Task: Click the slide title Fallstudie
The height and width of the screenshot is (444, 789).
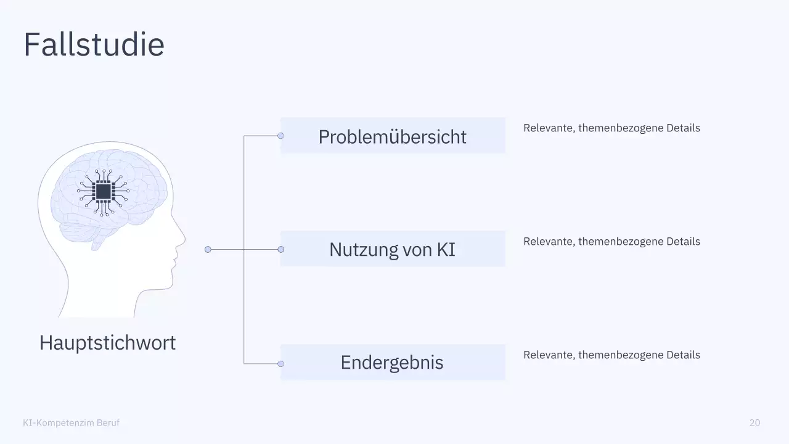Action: (94, 44)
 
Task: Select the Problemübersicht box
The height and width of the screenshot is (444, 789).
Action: (393, 136)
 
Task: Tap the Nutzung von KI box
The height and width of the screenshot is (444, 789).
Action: (393, 249)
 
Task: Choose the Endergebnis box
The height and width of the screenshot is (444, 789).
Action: (393, 363)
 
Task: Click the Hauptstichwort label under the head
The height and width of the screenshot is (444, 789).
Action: (107, 342)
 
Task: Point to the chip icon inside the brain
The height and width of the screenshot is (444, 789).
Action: (103, 191)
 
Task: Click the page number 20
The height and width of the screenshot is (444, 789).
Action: (754, 422)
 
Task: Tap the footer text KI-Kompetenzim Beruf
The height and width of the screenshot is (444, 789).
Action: (71, 422)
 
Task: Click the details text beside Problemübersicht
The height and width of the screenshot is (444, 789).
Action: (611, 128)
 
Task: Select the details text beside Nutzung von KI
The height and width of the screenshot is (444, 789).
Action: (611, 242)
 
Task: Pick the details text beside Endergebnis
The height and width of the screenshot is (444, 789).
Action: (611, 355)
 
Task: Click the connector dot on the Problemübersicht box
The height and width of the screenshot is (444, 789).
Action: (280, 136)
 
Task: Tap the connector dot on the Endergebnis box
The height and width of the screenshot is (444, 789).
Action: (280, 364)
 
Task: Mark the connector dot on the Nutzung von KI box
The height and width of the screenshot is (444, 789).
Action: (280, 249)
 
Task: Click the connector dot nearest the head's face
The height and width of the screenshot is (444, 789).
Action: (208, 249)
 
